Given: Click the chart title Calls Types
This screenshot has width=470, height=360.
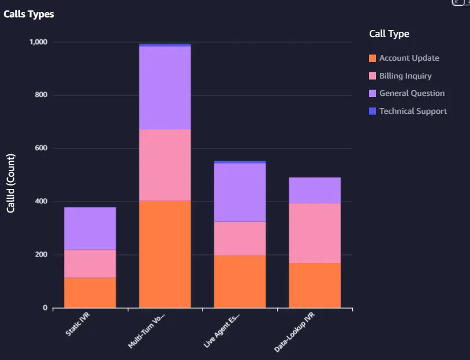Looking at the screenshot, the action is click(29, 14).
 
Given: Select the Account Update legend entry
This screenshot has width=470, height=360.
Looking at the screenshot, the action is click(404, 58).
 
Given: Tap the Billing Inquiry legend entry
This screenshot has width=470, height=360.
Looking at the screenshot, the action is click(400, 76).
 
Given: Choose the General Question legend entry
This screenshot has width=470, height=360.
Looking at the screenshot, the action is click(406, 93).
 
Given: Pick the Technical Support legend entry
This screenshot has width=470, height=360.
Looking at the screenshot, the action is click(408, 111).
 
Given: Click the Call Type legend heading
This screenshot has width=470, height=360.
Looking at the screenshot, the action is click(389, 34).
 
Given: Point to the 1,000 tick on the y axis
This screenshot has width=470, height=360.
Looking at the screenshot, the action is click(38, 42).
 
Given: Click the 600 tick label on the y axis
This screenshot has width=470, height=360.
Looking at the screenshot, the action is click(41, 148).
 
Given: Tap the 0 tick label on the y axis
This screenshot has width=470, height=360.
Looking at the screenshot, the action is click(45, 308).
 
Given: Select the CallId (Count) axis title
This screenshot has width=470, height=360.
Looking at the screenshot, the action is click(10, 183).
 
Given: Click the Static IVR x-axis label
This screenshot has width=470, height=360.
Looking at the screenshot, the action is click(77, 324).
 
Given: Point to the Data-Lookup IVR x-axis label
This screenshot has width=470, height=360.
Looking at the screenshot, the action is click(294, 332).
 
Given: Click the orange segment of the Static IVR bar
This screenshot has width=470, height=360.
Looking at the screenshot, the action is click(90, 293).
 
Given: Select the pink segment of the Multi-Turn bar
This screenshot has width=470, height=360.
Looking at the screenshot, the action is click(165, 165).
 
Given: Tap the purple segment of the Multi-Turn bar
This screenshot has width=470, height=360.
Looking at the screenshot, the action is click(165, 88).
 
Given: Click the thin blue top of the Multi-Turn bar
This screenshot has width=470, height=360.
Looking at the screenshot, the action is click(165, 45).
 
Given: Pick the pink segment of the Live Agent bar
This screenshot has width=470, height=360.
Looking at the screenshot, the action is click(240, 239).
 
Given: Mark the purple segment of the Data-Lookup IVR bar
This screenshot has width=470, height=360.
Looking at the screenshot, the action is click(315, 191).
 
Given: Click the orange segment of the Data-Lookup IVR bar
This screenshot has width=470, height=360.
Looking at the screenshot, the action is click(315, 285).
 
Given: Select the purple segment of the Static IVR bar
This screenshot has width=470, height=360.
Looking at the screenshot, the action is click(90, 228).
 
